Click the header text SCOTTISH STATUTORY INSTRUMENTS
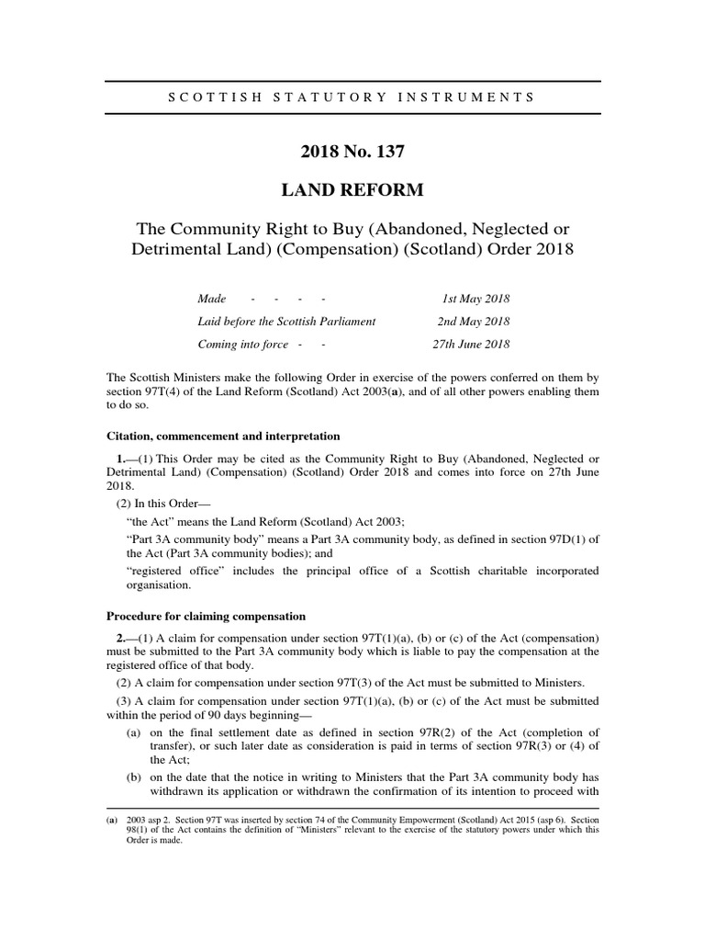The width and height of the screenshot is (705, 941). (352, 96)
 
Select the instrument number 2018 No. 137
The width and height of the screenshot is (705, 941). (352, 149)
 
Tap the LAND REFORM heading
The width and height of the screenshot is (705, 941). (352, 190)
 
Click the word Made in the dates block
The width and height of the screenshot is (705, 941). (211, 300)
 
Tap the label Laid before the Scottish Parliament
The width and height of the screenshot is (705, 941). (286, 323)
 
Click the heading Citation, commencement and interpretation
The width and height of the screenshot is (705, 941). (223, 436)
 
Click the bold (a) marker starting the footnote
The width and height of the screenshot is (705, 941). (112, 818)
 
